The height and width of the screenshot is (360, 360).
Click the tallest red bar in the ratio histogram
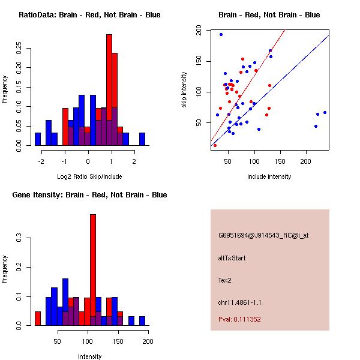click(109, 90)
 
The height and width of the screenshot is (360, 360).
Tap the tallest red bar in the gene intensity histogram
click(93, 270)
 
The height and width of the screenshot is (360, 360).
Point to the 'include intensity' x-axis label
click(269, 176)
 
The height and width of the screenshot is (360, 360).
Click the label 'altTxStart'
click(232, 258)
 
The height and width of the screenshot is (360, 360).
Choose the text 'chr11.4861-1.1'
click(240, 302)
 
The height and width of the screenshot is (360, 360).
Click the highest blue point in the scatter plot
click(221, 35)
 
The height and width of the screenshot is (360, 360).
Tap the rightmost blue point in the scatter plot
click(325, 112)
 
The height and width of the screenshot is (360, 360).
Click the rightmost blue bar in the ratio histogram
click(142, 139)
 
